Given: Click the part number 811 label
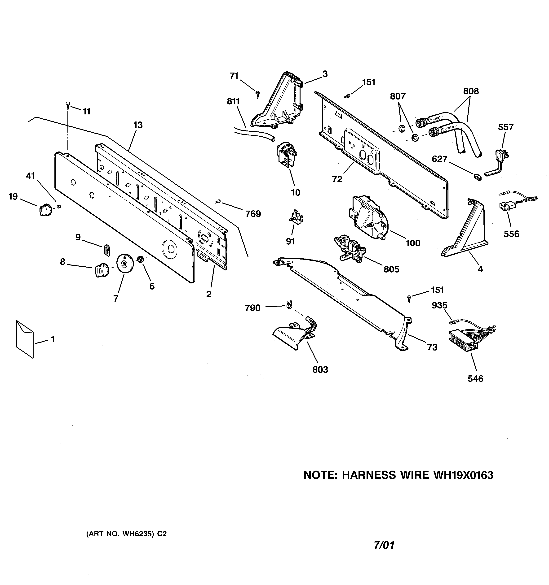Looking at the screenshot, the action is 233,101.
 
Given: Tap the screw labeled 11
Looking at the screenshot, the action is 68,105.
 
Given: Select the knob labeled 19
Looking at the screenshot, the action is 45,209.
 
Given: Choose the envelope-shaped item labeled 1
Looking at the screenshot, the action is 25,339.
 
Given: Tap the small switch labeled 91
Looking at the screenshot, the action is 296,217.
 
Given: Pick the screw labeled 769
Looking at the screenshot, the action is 218,201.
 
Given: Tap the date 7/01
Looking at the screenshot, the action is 384,545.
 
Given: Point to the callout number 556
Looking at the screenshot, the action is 511,234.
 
